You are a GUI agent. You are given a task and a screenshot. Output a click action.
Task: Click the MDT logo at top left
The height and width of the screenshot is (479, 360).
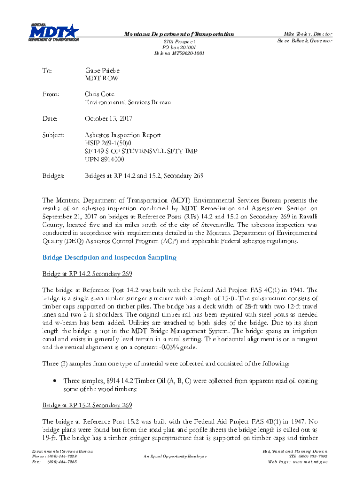(x=54, y=32)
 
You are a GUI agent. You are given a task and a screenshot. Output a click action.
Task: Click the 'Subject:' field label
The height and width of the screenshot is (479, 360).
(x=54, y=135)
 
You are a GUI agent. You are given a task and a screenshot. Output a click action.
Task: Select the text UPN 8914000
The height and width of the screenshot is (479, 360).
(x=104, y=160)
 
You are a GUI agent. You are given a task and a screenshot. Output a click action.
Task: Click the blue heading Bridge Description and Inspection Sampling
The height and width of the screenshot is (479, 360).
(x=109, y=257)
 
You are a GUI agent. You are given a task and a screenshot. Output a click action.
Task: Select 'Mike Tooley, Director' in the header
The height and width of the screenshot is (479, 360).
(x=309, y=34)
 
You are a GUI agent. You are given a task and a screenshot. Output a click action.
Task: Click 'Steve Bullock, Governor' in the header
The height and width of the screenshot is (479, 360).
(x=305, y=41)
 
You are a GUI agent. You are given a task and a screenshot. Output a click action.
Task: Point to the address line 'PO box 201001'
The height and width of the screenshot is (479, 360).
(x=179, y=47)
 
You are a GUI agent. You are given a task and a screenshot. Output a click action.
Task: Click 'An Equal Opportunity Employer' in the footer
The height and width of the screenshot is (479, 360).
(x=175, y=456)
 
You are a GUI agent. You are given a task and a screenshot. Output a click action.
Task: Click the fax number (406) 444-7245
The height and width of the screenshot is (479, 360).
(x=62, y=462)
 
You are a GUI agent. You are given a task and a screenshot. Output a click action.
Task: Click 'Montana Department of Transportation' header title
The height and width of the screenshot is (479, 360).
(x=179, y=34)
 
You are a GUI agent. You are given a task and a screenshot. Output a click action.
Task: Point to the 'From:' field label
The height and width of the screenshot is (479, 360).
(x=51, y=94)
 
